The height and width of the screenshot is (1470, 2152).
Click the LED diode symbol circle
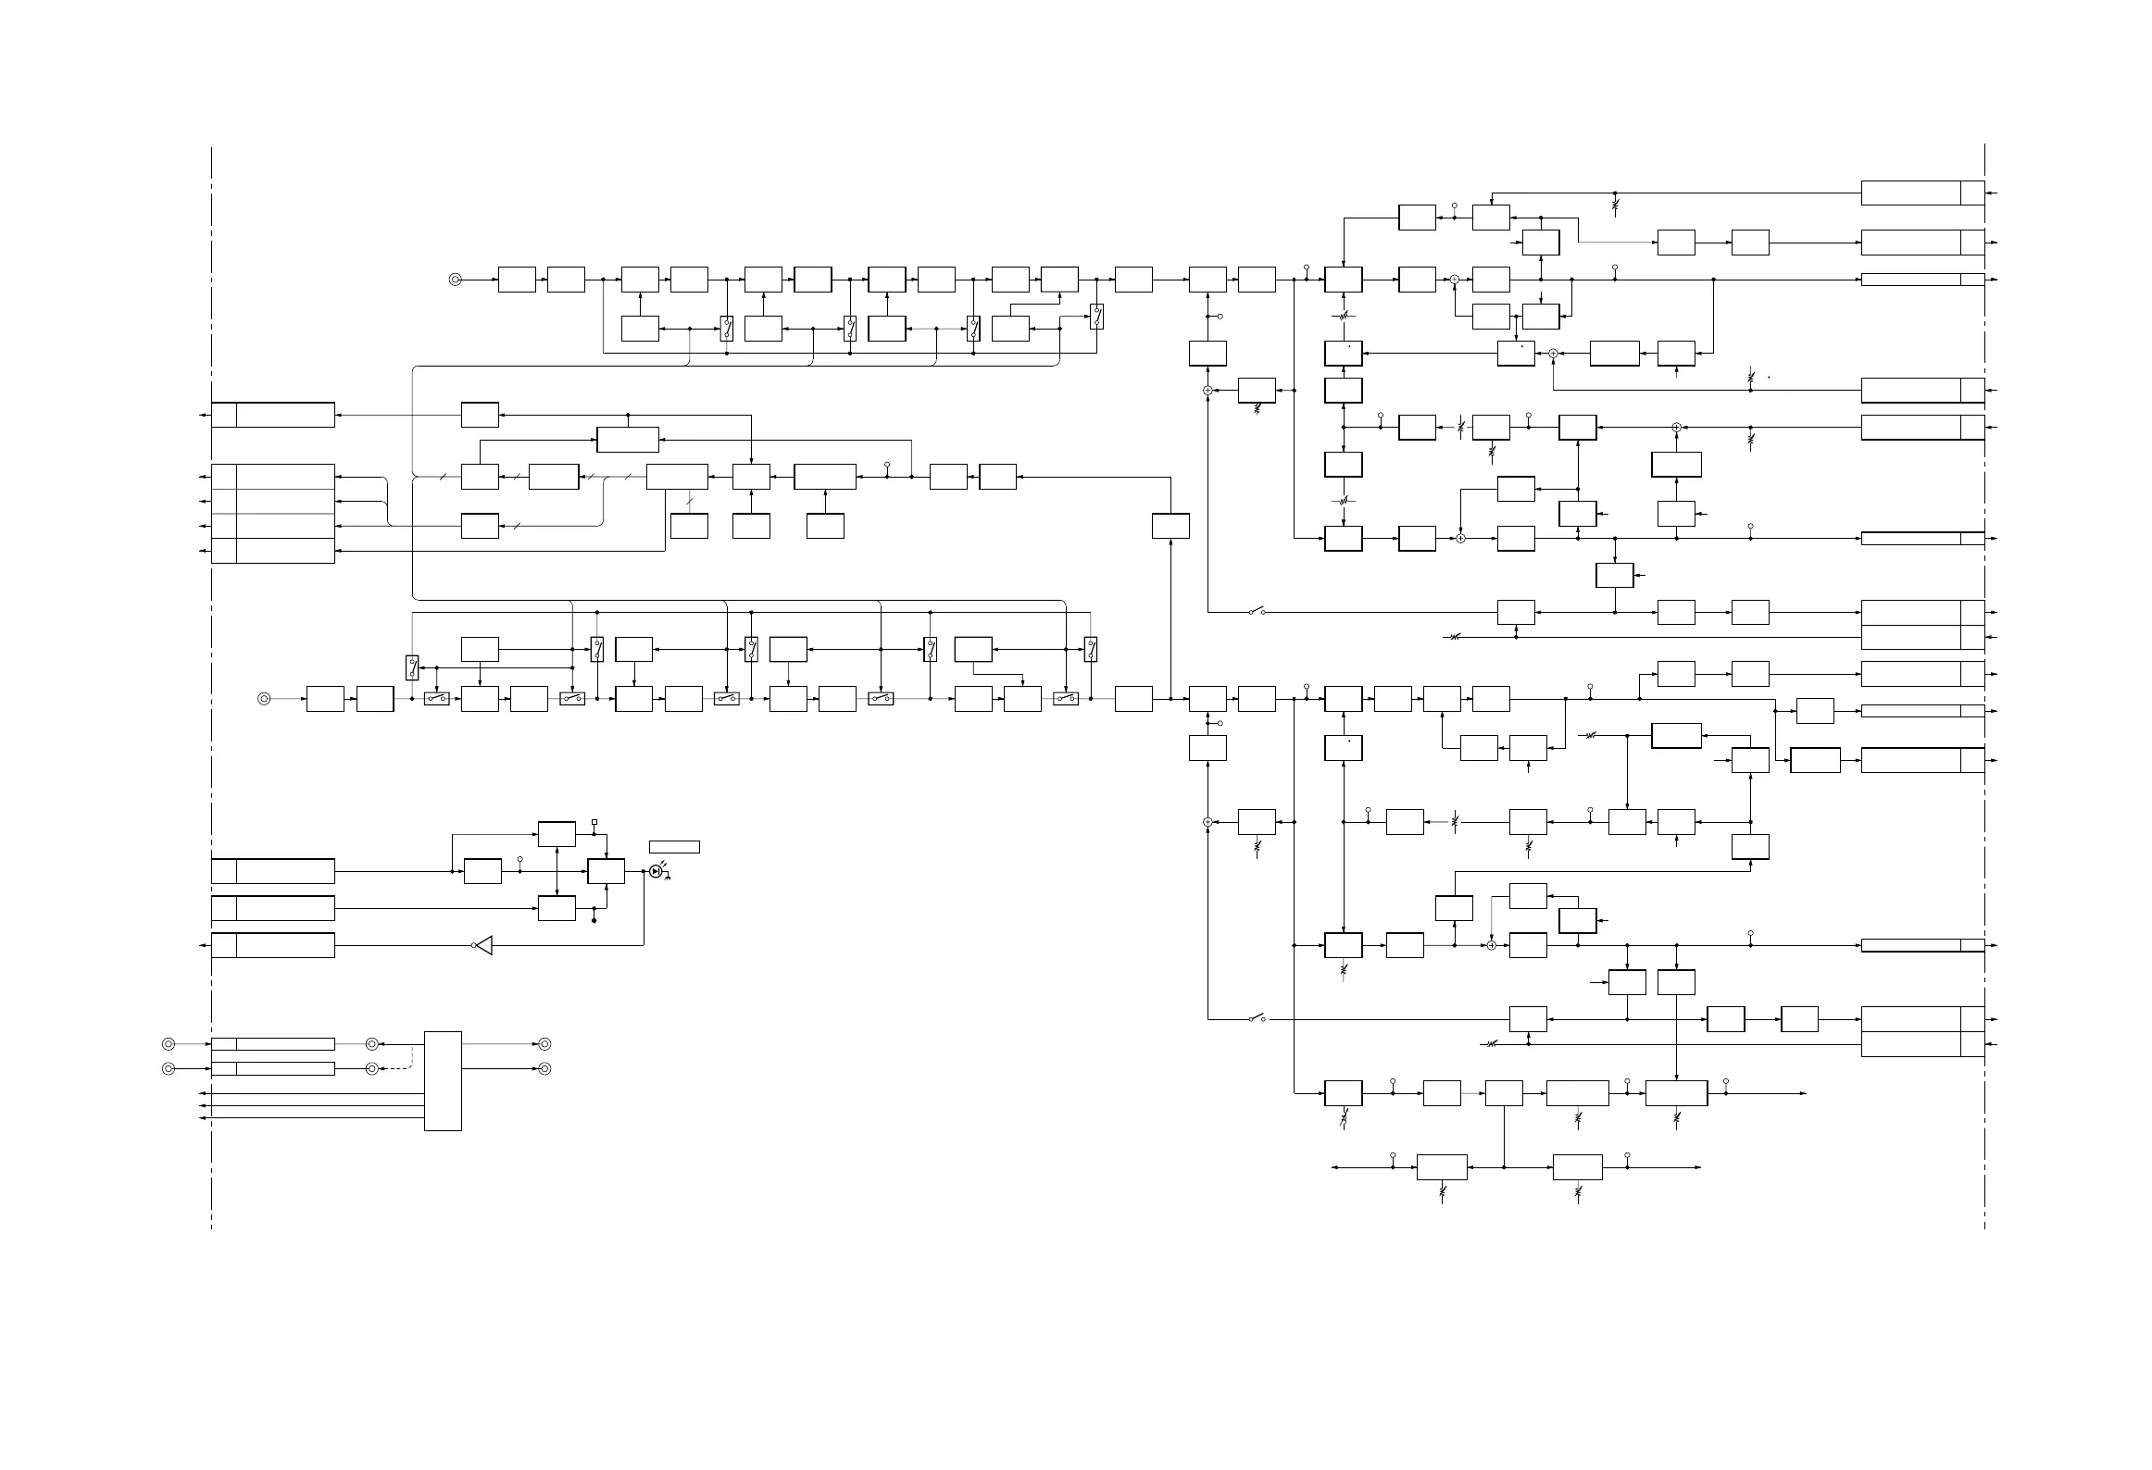656,871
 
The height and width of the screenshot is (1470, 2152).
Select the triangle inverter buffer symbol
482,945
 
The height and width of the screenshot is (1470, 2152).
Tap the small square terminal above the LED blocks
594,822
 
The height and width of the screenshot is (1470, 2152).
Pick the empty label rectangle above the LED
674,846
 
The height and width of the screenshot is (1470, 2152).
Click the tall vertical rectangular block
443,1080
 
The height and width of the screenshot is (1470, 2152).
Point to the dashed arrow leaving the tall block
398,1068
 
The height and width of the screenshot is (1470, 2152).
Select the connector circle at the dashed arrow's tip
371,1068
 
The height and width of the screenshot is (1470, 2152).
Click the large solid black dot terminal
594,921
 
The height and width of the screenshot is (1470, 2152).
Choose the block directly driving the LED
606,871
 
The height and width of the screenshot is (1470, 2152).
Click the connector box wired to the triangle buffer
273,945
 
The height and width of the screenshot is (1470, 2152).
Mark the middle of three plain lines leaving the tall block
315,1105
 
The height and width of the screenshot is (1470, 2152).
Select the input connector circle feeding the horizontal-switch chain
264,699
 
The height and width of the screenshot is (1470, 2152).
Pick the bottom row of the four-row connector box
273,551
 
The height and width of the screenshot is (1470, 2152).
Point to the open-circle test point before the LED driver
519,860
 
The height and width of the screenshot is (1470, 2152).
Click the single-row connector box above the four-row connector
273,415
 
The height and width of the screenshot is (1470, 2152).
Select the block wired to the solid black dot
557,908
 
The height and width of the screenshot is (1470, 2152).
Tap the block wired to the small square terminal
557,833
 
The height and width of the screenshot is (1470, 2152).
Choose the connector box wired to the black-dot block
273,908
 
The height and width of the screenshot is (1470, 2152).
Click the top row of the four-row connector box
273,477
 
